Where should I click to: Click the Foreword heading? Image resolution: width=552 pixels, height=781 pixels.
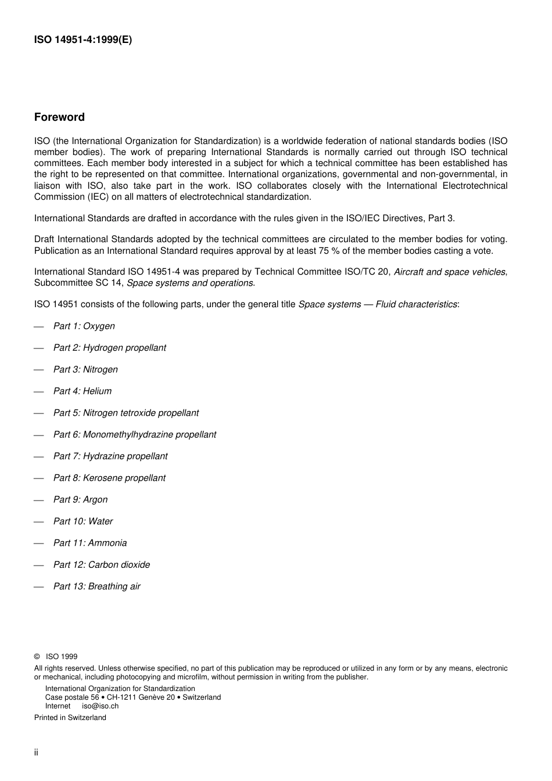click(59, 117)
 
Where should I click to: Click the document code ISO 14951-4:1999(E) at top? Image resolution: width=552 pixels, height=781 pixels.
click(83, 40)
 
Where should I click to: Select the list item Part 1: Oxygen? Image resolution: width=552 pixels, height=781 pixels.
click(84, 326)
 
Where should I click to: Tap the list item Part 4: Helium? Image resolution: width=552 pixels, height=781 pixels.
click(82, 391)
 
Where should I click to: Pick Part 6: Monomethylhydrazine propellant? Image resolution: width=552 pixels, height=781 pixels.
click(134, 434)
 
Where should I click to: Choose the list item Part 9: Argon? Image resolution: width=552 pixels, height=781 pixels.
click(80, 499)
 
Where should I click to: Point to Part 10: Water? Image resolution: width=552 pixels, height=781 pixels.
click(83, 521)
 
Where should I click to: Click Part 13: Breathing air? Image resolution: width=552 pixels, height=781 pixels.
click(96, 586)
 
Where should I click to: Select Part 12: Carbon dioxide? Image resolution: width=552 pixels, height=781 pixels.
click(101, 564)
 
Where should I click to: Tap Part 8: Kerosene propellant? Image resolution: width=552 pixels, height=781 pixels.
click(109, 478)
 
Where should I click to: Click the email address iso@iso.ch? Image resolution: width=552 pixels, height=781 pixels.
click(100, 706)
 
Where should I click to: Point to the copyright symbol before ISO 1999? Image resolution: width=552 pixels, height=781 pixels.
click(37, 657)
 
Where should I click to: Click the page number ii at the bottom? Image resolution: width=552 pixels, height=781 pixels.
click(36, 753)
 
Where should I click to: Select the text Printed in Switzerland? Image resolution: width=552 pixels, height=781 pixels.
click(70, 718)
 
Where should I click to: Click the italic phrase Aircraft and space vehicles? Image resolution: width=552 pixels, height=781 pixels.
click(449, 272)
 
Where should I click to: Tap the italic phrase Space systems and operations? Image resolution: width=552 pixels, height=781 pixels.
click(190, 283)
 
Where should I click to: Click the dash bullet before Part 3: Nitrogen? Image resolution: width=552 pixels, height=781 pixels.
click(39, 370)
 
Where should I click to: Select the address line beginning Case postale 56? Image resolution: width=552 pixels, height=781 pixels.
click(132, 697)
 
